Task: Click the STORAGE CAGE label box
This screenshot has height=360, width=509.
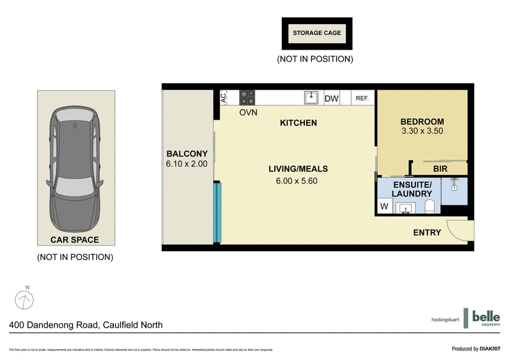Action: (317, 34)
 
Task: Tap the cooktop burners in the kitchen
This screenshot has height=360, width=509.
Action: (247, 98)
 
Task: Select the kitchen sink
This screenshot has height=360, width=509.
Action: (311, 98)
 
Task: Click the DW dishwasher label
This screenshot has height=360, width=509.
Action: (331, 99)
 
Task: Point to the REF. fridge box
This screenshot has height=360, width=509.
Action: (362, 99)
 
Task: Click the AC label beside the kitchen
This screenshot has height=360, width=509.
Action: (223, 98)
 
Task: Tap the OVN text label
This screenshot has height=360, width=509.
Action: (248, 113)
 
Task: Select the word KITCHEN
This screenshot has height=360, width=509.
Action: (298, 123)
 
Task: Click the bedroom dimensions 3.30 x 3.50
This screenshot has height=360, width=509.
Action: (422, 132)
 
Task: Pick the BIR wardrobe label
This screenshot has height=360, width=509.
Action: (440, 169)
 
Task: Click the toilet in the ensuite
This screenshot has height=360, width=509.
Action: (429, 206)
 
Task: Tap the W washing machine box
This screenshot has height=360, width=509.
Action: (384, 206)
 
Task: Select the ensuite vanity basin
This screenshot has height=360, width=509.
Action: (406, 207)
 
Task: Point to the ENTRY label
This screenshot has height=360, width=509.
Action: (426, 232)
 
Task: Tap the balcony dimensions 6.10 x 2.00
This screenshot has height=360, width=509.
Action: (187, 163)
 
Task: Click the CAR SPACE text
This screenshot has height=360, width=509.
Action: (75, 240)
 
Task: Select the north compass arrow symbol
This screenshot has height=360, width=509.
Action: (24, 298)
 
